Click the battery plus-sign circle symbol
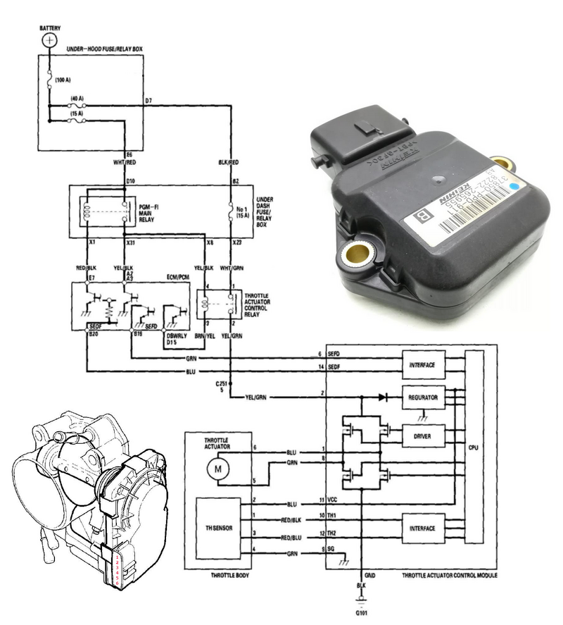[x=49, y=40]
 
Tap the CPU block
[x=475, y=447]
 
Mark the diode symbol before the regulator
[x=382, y=397]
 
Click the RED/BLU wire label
[x=291, y=537]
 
